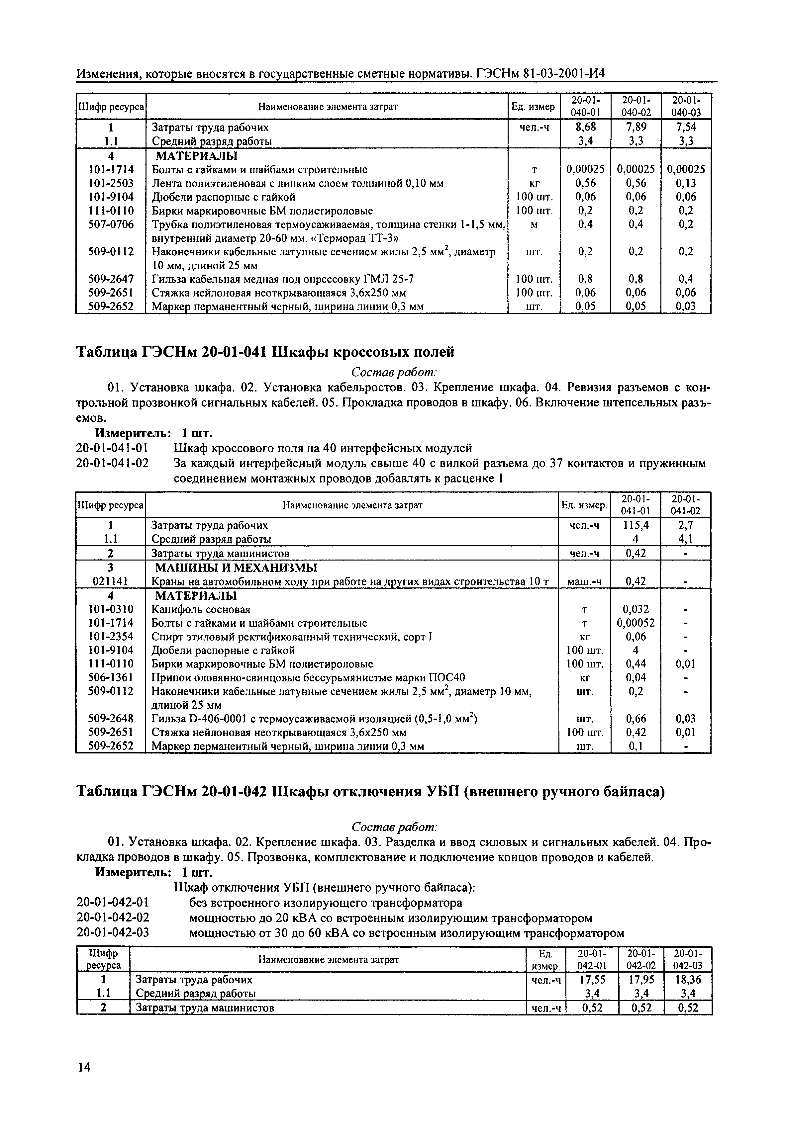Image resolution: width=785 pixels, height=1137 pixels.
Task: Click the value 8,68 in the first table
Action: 585,127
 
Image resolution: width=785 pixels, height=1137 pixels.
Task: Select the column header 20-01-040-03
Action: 686,106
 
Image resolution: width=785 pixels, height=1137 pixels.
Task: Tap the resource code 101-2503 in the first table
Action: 111,183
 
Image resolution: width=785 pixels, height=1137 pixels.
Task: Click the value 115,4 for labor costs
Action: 636,525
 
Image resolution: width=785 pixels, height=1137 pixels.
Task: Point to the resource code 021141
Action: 111,581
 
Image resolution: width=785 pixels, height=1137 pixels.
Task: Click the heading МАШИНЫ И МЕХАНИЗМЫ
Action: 236,568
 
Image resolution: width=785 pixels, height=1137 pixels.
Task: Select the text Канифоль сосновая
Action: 201,610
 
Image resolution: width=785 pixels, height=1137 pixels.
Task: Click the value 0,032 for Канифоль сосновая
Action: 636,610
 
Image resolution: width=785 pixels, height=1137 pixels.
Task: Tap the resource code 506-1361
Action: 111,677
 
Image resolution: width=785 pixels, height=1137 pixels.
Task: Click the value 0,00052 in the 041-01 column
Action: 636,623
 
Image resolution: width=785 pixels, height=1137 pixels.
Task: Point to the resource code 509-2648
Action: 111,719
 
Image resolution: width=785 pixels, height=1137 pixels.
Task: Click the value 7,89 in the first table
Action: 636,127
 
